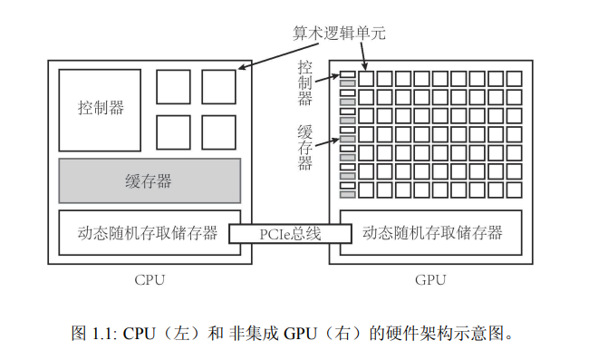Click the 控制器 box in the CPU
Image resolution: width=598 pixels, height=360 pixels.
[101, 109]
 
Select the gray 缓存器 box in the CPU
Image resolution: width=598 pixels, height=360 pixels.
[149, 180]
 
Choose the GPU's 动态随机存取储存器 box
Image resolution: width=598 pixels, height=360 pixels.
[431, 233]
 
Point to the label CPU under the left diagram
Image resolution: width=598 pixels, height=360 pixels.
[149, 279]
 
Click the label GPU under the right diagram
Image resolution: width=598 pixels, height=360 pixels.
[431, 279]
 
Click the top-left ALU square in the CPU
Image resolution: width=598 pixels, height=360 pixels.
[173, 87]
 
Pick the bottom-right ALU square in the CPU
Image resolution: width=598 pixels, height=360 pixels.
[218, 131]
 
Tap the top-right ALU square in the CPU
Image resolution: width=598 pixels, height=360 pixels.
[218, 87]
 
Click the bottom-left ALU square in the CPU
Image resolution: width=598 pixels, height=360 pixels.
[173, 131]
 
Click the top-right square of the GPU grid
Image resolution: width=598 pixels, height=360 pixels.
[514, 78]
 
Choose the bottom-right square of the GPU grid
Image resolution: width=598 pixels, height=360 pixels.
[514, 190]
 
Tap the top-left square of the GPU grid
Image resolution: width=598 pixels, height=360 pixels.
[366, 78]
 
